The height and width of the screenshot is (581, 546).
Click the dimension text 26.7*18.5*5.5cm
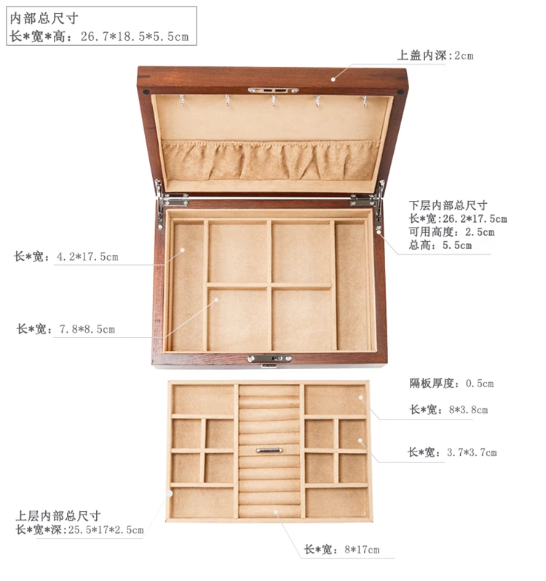coord(135,36)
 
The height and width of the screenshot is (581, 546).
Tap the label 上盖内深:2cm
coord(435,55)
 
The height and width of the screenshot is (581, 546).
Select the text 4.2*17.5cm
coord(87,256)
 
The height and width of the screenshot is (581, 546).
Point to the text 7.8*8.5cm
coord(87,329)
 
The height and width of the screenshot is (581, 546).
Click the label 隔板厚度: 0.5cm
coord(451,383)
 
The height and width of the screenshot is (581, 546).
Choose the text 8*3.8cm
coord(468,410)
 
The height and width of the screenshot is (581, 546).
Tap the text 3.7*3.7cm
coord(472,452)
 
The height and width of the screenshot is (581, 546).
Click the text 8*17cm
coord(362,549)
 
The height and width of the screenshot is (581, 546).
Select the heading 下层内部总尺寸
coord(448,205)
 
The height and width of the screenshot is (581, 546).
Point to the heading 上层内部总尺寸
coord(58,515)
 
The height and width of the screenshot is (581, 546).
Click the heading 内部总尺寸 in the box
coord(44,18)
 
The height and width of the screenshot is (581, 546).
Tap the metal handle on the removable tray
coord(269,451)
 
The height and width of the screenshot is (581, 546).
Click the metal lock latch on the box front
coord(269,359)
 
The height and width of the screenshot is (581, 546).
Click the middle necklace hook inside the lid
coord(274,100)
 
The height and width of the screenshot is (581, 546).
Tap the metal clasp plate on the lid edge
coord(273,90)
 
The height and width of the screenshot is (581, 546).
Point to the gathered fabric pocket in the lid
coord(271,160)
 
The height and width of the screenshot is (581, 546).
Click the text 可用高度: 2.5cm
coord(451,232)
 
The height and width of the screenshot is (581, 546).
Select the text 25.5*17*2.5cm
coord(106,530)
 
